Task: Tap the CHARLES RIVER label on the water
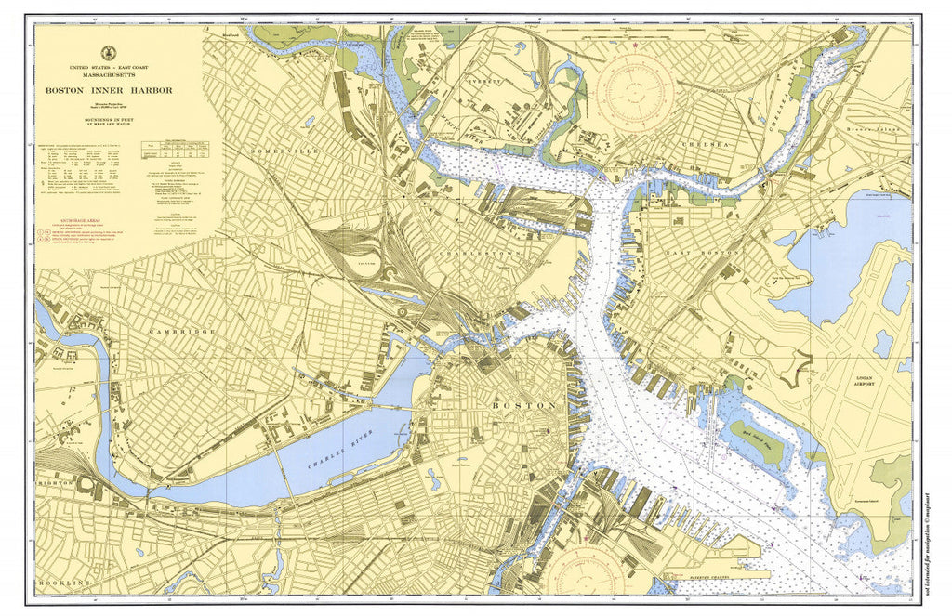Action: point(329,456)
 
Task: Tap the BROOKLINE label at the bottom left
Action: point(63,583)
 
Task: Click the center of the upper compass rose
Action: point(635,92)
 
